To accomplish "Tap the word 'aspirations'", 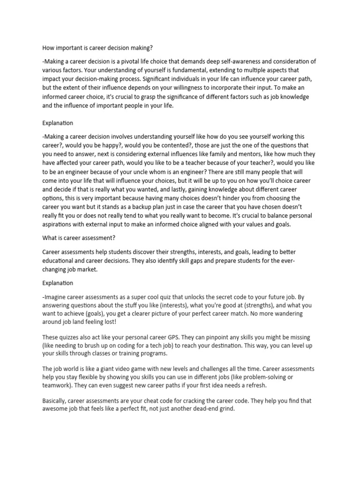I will pos(58,225).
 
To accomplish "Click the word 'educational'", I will pos(60,261).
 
